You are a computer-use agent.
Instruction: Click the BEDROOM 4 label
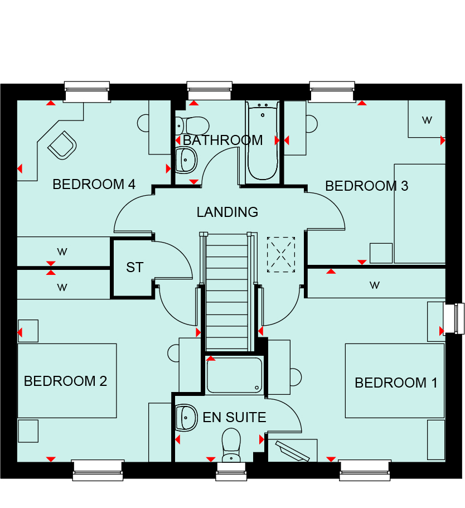click(x=94, y=185)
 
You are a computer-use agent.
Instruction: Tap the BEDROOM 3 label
click(x=366, y=186)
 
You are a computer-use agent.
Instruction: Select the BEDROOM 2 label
click(x=65, y=381)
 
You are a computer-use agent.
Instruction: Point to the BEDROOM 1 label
click(x=396, y=383)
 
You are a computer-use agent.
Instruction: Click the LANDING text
click(x=227, y=212)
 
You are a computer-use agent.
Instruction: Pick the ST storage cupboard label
click(x=135, y=268)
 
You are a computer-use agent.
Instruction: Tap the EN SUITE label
click(x=234, y=417)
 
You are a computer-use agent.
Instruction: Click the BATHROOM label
click(x=223, y=141)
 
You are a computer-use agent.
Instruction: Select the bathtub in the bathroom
click(x=263, y=141)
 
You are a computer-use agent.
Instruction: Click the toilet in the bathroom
click(x=192, y=125)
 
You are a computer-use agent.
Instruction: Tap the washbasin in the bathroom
click(x=186, y=160)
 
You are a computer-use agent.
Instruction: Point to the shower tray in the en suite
click(x=234, y=375)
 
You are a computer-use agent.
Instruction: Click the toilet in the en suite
click(x=231, y=445)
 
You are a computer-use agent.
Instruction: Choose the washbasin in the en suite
click(x=186, y=418)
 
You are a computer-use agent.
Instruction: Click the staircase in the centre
click(x=227, y=292)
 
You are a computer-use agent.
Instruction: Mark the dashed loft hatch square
click(x=281, y=255)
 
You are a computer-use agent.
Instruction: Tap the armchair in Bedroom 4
click(x=62, y=145)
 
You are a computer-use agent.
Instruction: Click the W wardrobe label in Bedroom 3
click(x=427, y=120)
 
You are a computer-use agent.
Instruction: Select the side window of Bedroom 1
click(x=454, y=318)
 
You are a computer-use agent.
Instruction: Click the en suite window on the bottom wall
click(x=231, y=471)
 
